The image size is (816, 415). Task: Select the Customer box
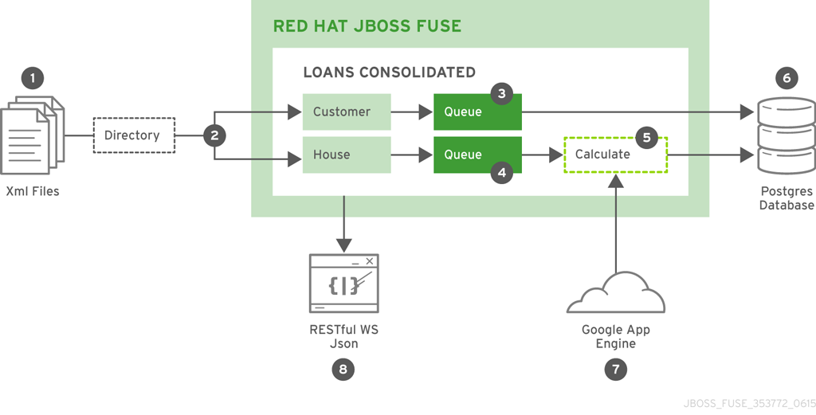pos(347,112)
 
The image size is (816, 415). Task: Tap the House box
pos(347,155)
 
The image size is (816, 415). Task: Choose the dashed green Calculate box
pos(615,155)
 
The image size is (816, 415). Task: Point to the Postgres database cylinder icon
pos(786,135)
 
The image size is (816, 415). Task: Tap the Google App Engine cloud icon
pos(615,295)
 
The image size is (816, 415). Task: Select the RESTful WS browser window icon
pos(343,284)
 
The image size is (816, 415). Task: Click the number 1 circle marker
pos(33,78)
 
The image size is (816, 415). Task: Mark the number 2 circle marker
pos(214,135)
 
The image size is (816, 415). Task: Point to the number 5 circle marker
pos(646,137)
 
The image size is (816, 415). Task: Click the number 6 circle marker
pos(787,78)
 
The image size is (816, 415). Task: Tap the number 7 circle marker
pos(615,369)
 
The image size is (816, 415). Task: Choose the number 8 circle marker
pos(343,369)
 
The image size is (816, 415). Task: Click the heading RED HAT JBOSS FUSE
pos(367,25)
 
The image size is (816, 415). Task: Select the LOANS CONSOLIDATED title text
pos(389,72)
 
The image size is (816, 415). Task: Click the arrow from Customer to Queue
pos(412,112)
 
